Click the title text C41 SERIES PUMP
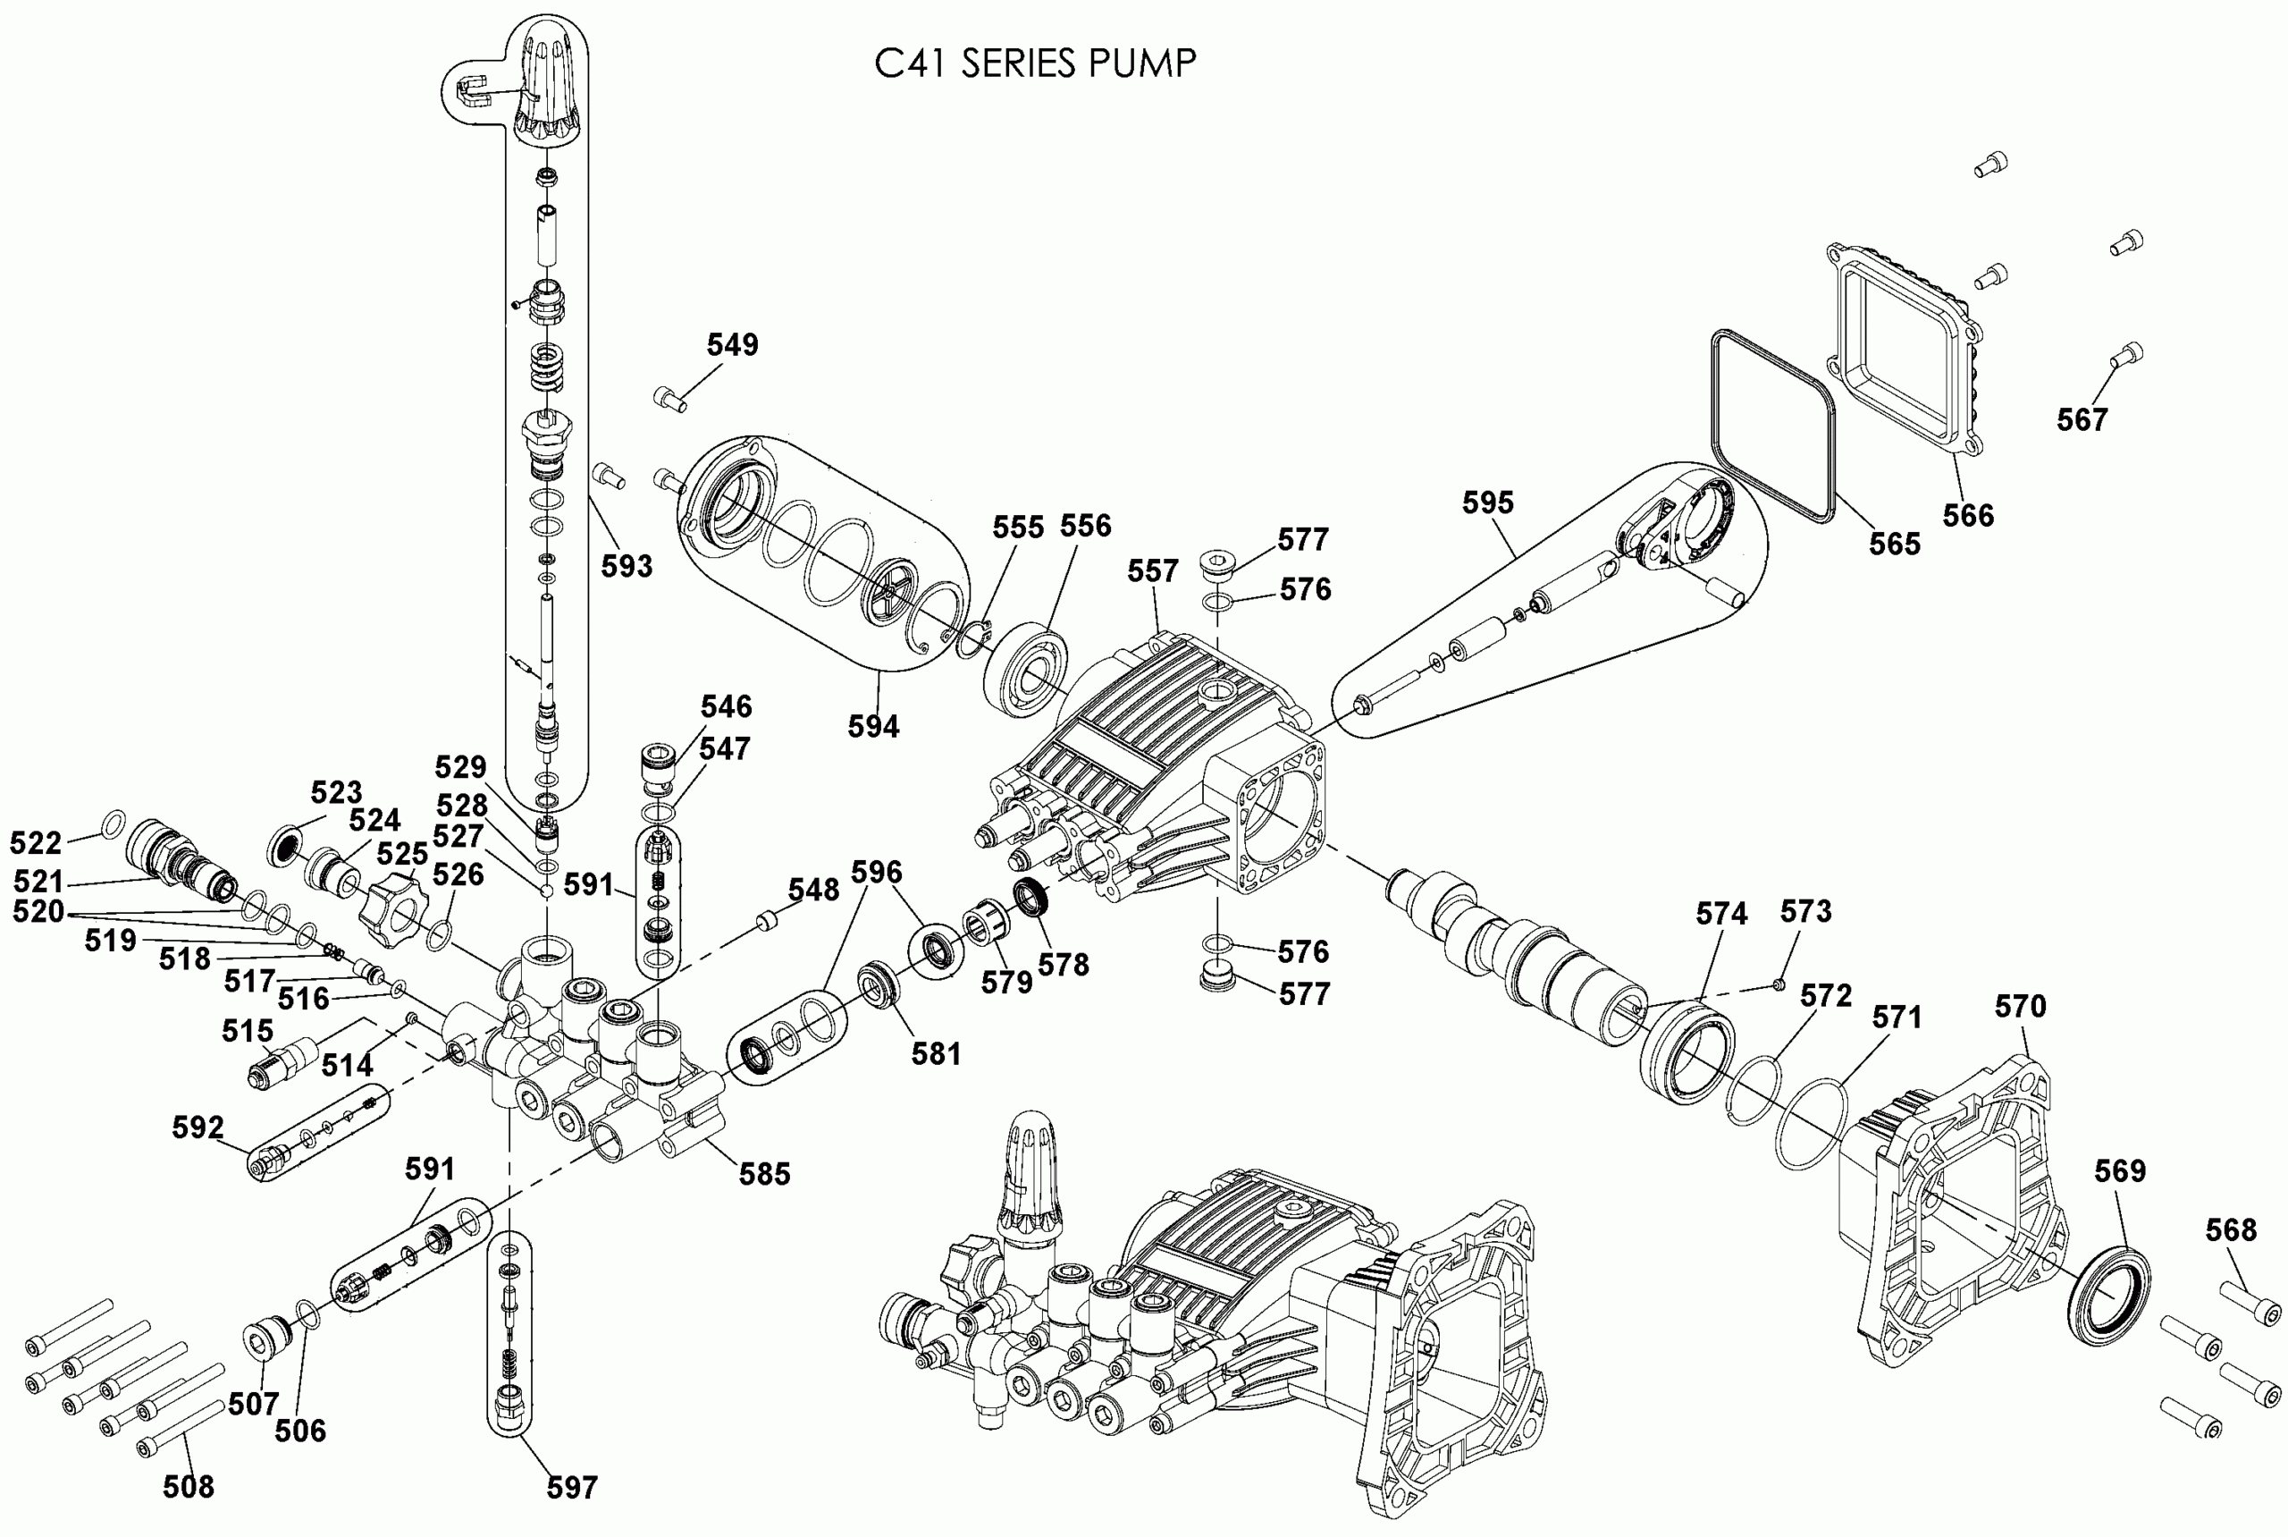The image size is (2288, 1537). tap(1035, 63)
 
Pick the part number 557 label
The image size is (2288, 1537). tap(1152, 570)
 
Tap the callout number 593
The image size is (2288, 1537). tap(627, 566)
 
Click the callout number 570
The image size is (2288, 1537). tap(2022, 1006)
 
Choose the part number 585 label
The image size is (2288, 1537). tap(764, 1173)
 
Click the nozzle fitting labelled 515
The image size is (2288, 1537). tap(281, 1067)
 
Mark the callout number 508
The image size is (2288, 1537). tap(189, 1486)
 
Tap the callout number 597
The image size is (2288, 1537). tap(572, 1487)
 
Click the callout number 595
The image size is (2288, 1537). tap(1487, 502)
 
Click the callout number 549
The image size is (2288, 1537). tap(732, 344)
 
